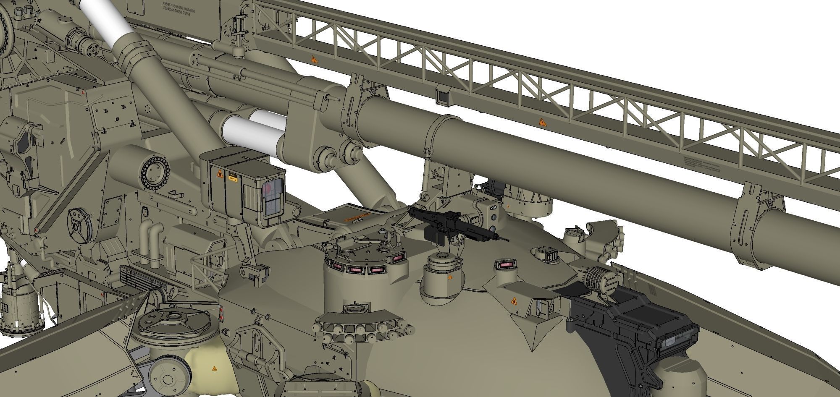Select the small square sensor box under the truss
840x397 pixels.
point(443,97)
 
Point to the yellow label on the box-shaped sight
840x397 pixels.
point(232,177)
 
